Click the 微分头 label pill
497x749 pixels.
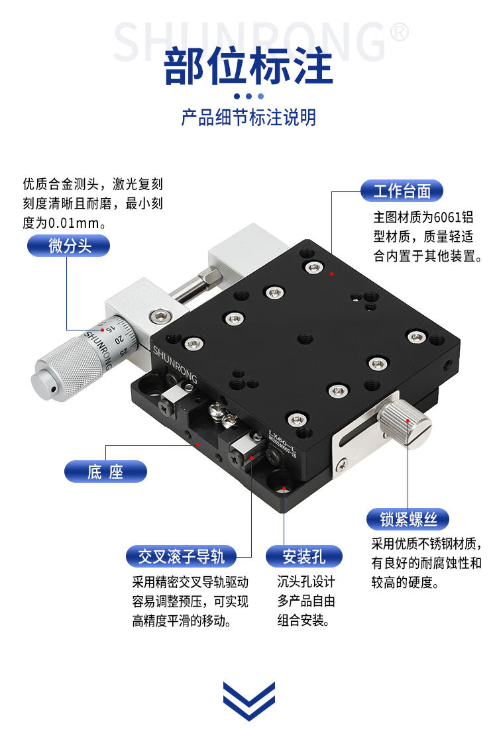pos(68,246)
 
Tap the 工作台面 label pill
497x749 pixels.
pos(402,191)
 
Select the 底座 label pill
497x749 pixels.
pos(105,472)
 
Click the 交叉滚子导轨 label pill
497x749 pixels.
pos(181,556)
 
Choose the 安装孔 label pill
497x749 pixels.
pos(304,556)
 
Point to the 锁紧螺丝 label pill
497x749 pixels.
pos(408,519)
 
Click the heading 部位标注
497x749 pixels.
pos(248,66)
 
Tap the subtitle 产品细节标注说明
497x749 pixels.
pos(248,117)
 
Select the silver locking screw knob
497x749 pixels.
pos(406,423)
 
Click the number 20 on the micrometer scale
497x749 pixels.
pos(119,340)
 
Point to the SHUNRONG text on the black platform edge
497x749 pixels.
pos(174,364)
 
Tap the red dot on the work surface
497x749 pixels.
pos(331,274)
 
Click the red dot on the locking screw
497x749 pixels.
pos(408,421)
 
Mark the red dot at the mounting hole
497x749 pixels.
pos(284,489)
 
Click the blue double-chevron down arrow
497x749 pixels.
pos(249,701)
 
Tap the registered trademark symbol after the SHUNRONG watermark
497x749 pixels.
pos(399,32)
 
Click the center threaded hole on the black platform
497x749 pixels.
pos(305,340)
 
